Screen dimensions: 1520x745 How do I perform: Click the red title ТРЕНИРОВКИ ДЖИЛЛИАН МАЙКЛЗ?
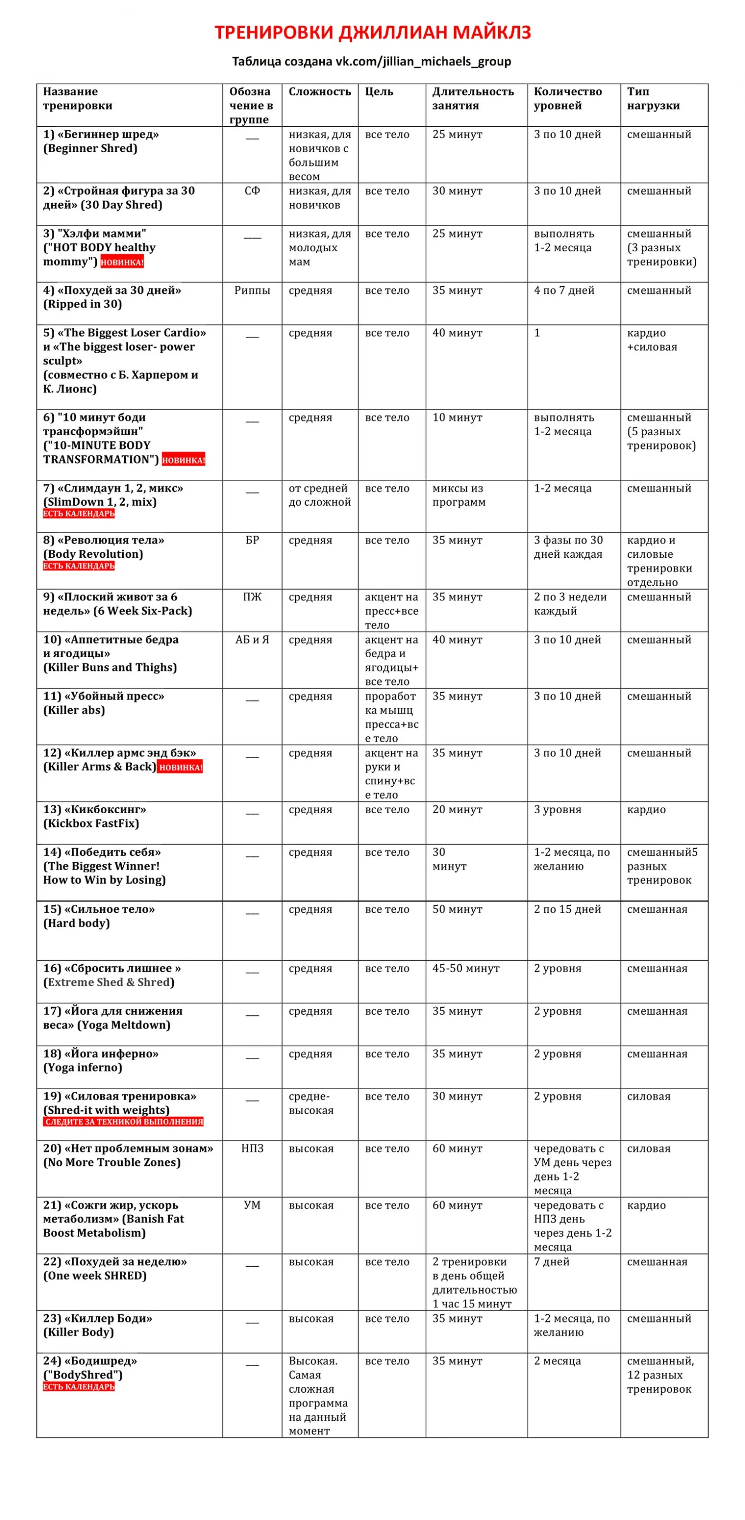[372, 32]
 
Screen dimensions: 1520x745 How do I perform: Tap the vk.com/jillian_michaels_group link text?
[423, 61]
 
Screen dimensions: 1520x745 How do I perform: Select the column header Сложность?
[319, 92]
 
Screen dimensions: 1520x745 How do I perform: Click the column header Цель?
[379, 92]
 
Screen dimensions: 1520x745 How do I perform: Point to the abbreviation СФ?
[252, 191]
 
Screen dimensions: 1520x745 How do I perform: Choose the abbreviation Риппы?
[252, 290]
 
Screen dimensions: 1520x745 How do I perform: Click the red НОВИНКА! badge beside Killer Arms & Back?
[180, 767]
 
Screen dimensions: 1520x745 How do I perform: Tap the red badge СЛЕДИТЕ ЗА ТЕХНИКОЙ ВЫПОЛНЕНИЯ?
[123, 1122]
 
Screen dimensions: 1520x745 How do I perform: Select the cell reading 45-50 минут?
[466, 968]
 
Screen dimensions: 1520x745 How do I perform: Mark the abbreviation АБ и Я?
[252, 639]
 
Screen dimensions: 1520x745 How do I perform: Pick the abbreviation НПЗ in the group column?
[252, 1149]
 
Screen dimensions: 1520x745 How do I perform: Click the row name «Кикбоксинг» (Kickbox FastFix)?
[94, 817]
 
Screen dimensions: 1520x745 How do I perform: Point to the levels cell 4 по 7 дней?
[564, 290]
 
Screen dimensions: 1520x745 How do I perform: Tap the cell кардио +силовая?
[652, 340]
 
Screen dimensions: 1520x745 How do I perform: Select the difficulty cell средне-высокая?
[311, 1104]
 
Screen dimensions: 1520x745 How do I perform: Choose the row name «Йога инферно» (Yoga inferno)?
[100, 1060]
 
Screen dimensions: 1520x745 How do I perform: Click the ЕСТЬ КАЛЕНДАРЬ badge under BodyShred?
[79, 1387]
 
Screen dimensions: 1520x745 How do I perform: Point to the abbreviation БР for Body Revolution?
[252, 541]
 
